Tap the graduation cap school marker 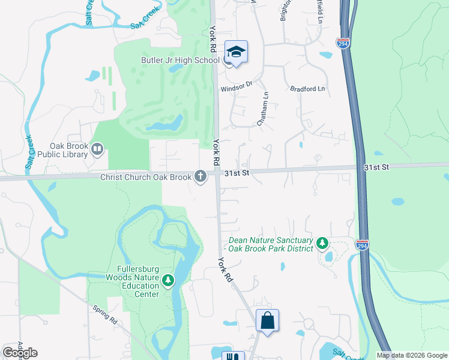click(x=236, y=52)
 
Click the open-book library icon click(x=97, y=148)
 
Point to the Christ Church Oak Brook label click(x=146, y=176)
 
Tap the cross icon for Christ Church click(x=200, y=176)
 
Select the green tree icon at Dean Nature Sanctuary click(x=323, y=243)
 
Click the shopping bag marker click(x=267, y=320)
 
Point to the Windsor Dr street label click(x=235, y=87)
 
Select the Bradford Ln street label click(x=307, y=89)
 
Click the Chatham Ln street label click(x=262, y=109)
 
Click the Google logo click(x=20, y=353)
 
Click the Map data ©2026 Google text click(x=412, y=355)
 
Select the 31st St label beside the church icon click(x=237, y=173)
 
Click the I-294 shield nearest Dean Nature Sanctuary click(x=361, y=245)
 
